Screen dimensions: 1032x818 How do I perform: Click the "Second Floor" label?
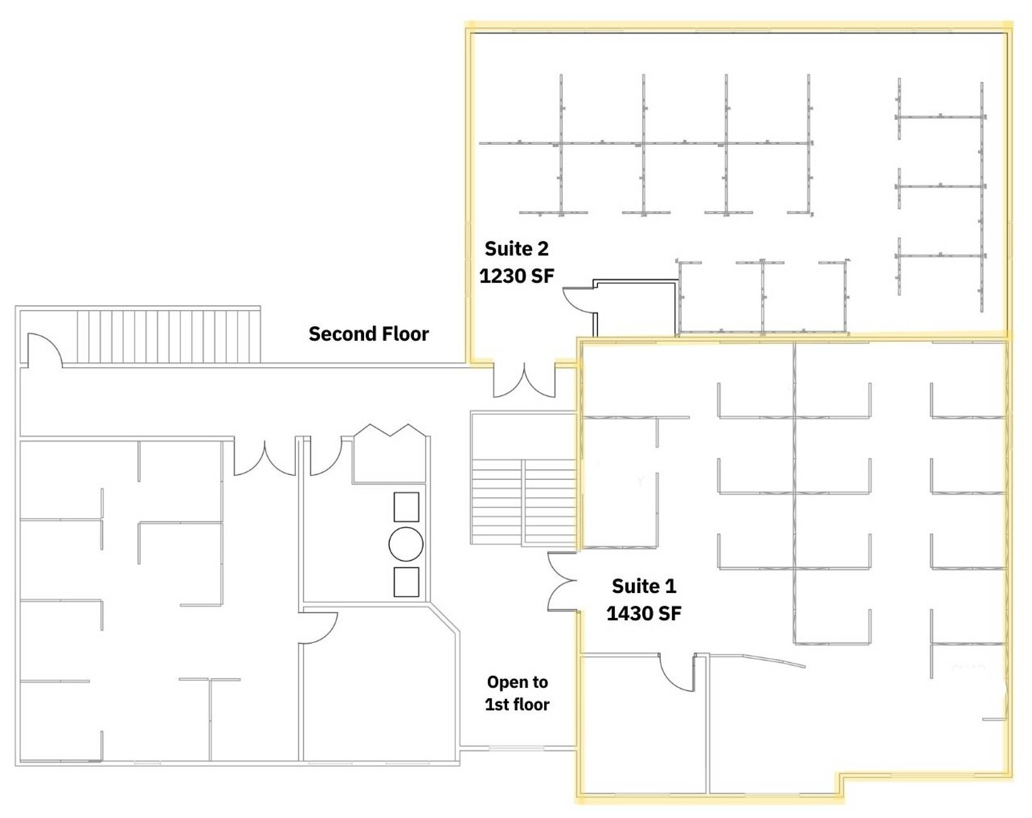click(x=369, y=334)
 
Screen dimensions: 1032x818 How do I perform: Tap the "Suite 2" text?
click(x=517, y=248)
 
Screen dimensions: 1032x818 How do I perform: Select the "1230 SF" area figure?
click(x=517, y=276)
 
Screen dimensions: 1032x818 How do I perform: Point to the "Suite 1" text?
click(x=644, y=586)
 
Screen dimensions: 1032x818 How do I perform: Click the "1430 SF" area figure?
click(x=644, y=613)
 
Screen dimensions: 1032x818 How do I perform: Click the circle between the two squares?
click(x=406, y=544)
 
